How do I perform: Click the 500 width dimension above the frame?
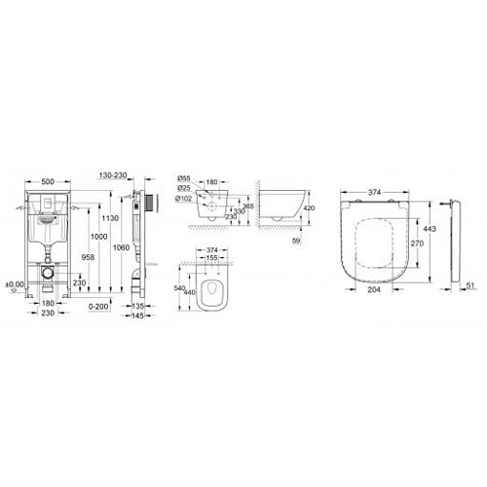(x=46, y=181)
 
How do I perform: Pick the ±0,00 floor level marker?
(x=12, y=284)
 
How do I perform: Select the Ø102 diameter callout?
(x=184, y=199)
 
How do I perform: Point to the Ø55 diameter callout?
(x=183, y=180)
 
